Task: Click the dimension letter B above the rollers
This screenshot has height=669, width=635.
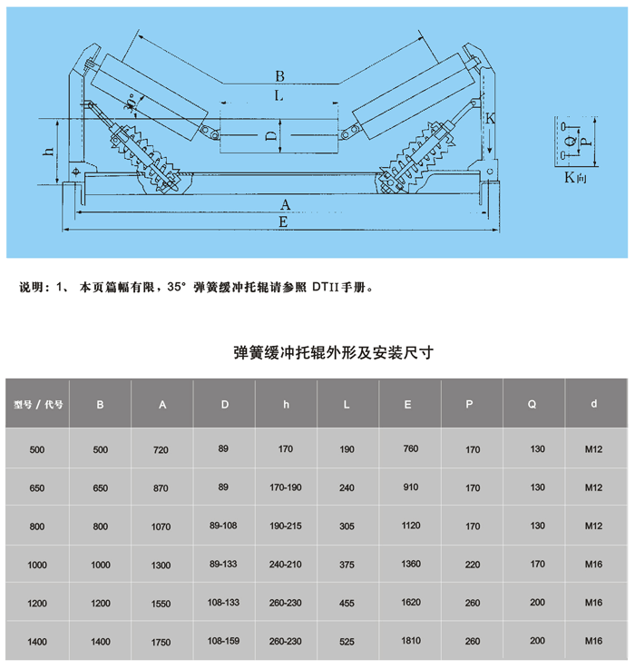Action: pyautogui.click(x=280, y=76)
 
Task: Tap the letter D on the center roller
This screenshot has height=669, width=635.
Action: pyautogui.click(x=270, y=137)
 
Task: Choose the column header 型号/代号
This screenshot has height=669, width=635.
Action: pyautogui.click(x=38, y=404)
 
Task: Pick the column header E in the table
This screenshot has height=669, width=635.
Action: pyautogui.click(x=410, y=404)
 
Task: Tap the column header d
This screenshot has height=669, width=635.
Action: pyautogui.click(x=594, y=404)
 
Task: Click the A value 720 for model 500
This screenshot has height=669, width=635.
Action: pyautogui.click(x=162, y=450)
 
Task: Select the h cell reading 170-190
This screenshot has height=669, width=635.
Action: pyautogui.click(x=287, y=488)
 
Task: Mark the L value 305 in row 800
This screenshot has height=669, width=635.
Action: pyautogui.click(x=347, y=526)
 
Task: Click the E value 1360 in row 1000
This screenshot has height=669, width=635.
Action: pyautogui.click(x=410, y=565)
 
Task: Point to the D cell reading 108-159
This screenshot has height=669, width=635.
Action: pyautogui.click(x=224, y=641)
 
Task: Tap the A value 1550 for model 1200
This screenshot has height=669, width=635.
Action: pyautogui.click(x=162, y=603)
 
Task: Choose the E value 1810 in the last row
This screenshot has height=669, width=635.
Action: pyautogui.click(x=410, y=641)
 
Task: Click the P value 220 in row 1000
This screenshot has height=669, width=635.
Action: pyautogui.click(x=472, y=565)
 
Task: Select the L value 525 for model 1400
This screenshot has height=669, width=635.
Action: pyautogui.click(x=347, y=641)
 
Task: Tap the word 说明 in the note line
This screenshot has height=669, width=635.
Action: pyautogui.click(x=32, y=288)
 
